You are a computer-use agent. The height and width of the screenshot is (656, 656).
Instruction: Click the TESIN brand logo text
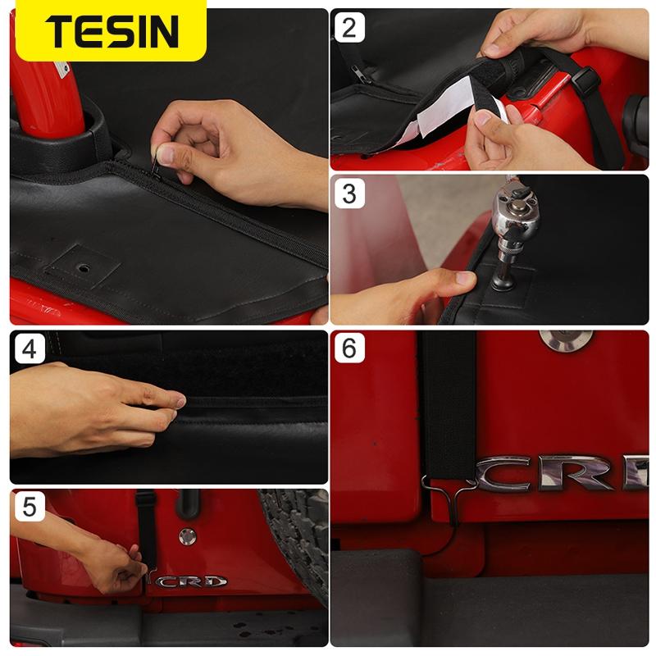pyautogui.click(x=112, y=31)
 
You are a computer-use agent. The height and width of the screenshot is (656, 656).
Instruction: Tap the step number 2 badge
pyautogui.click(x=349, y=28)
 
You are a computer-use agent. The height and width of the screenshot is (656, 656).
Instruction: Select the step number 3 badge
pyautogui.click(x=349, y=194)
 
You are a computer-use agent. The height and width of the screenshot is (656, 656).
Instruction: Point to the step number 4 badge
pyautogui.click(x=30, y=350)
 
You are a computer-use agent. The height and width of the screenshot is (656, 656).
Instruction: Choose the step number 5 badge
pyautogui.click(x=30, y=508)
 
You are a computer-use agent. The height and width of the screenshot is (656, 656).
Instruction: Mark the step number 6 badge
pyautogui.click(x=349, y=350)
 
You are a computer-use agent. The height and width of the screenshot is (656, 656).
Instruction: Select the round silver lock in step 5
pyautogui.click(x=188, y=536)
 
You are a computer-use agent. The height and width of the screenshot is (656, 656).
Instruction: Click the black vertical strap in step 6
pyautogui.click(x=448, y=402)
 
